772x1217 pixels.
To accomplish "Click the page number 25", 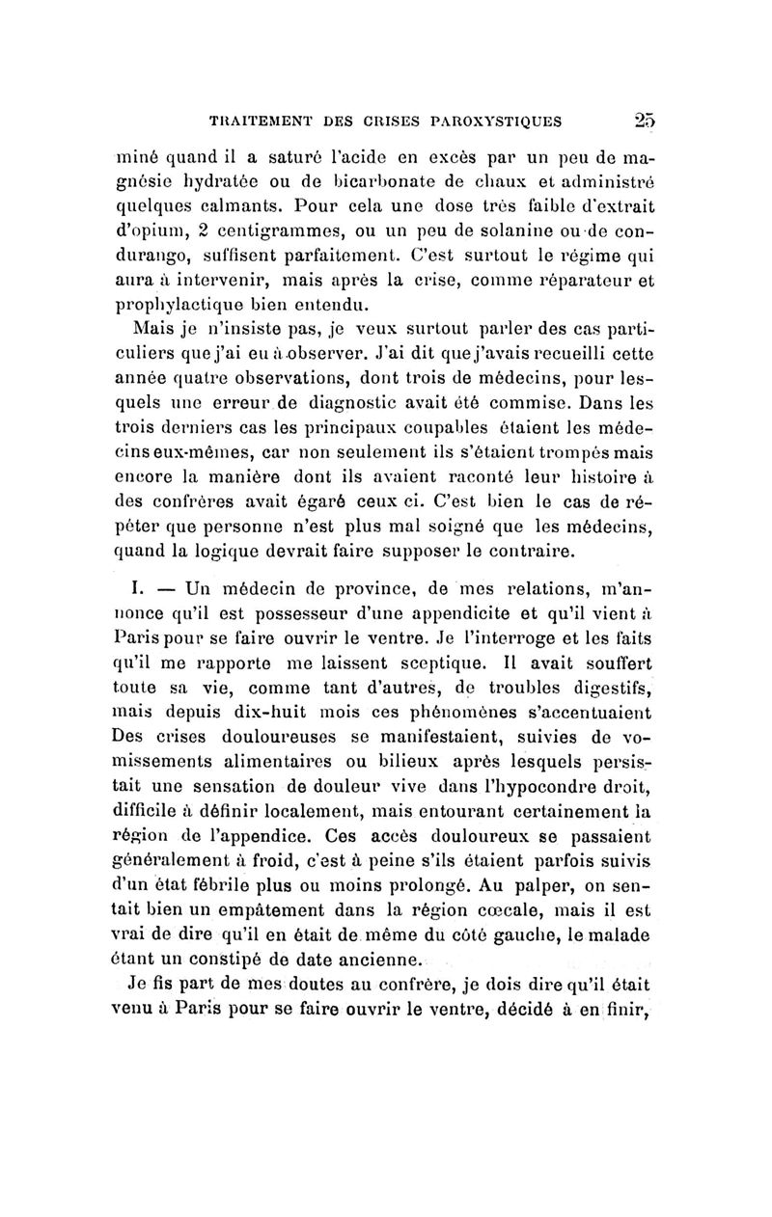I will (643, 122).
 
